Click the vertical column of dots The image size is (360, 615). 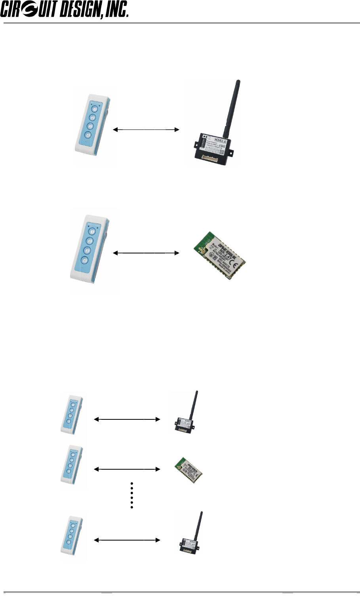tap(131, 495)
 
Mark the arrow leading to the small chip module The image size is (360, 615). tap(127, 469)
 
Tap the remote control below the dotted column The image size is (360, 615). tap(72, 537)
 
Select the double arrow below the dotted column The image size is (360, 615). tap(127, 540)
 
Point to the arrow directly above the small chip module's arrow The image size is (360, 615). tap(127, 419)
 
